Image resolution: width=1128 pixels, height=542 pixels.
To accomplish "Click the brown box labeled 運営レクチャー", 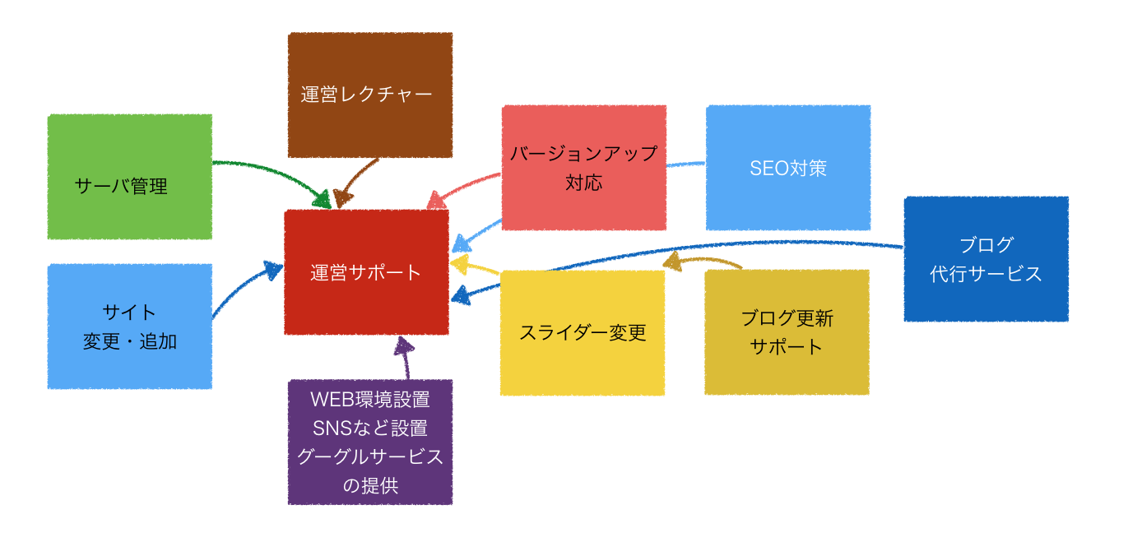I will point(369,95).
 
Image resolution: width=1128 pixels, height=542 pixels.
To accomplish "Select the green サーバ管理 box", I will point(129,177).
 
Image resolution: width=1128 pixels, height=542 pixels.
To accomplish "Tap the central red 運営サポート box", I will point(366,272).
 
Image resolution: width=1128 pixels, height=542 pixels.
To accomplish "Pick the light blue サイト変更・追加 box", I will point(129,327).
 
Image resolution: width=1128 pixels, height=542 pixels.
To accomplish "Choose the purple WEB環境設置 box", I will point(369,442).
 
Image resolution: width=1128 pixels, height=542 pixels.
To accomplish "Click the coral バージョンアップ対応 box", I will point(583,168).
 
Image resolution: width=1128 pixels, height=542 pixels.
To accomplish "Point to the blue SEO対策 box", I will point(787,168).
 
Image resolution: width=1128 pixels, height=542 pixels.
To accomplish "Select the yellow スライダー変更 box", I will point(583,332).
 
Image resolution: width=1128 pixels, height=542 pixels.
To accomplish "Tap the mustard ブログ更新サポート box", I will point(787,332).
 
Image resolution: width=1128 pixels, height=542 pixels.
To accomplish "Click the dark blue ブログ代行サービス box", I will point(986,259).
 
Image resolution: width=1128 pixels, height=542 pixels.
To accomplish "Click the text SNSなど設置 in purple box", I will point(369,429).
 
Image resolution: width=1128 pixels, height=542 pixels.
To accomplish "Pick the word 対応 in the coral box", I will point(583,182).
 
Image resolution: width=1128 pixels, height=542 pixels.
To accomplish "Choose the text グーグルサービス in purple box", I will point(369,457).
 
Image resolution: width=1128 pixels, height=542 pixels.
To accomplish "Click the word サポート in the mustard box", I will point(787,346).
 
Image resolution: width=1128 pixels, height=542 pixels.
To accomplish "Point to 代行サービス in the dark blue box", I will point(986,274).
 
